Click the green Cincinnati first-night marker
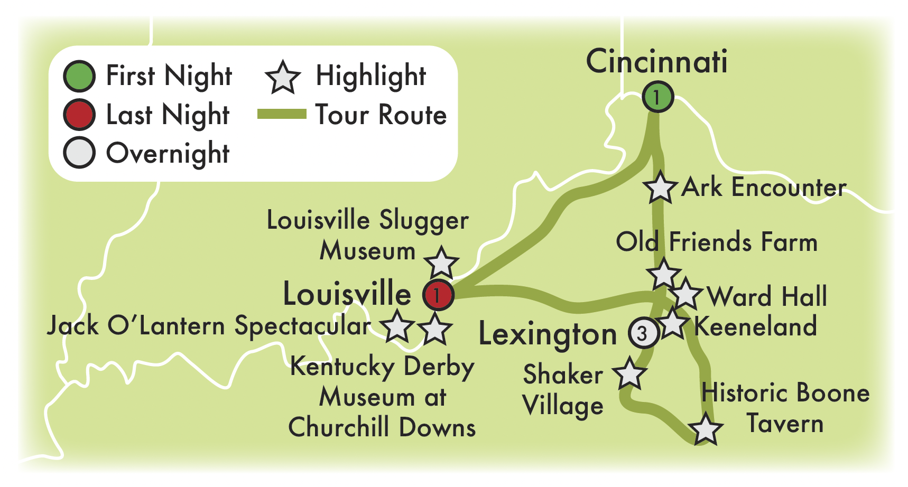tap(657, 97)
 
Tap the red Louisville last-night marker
tap(438, 295)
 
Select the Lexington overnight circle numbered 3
tap(643, 333)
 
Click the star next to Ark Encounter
tap(660, 188)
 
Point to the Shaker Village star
tap(629, 374)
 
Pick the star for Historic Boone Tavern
tap(705, 429)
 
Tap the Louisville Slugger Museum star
tap(441, 263)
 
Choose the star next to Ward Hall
tap(685, 294)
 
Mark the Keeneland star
tap(673, 323)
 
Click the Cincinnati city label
tap(656, 61)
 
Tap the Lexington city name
tap(548, 334)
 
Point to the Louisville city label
tap(347, 294)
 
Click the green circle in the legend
tap(79, 76)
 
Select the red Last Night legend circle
tap(79, 115)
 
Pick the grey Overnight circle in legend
tap(79, 153)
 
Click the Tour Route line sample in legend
tap(282, 115)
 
